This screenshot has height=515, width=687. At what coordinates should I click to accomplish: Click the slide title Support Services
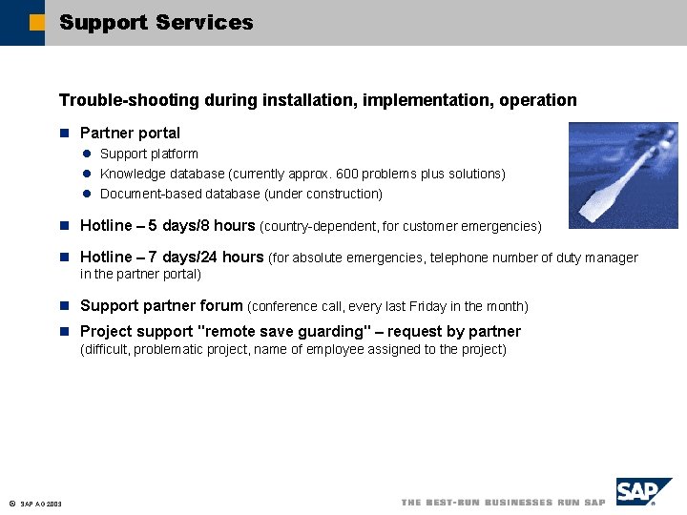coord(156,22)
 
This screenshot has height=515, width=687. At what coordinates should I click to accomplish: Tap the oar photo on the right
coord(622,175)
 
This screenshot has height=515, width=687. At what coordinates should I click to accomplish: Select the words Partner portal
coord(130,133)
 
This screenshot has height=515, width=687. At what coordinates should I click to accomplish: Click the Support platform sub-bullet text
coord(149,154)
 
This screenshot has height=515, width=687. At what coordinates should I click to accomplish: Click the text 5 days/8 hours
coord(201,226)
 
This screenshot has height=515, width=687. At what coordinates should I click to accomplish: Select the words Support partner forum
coord(161,306)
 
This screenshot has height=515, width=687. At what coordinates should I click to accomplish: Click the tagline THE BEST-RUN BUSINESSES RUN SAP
coord(503,503)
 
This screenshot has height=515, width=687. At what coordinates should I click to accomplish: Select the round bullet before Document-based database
coord(85,194)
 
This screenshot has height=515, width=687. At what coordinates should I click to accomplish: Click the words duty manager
coord(597,257)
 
